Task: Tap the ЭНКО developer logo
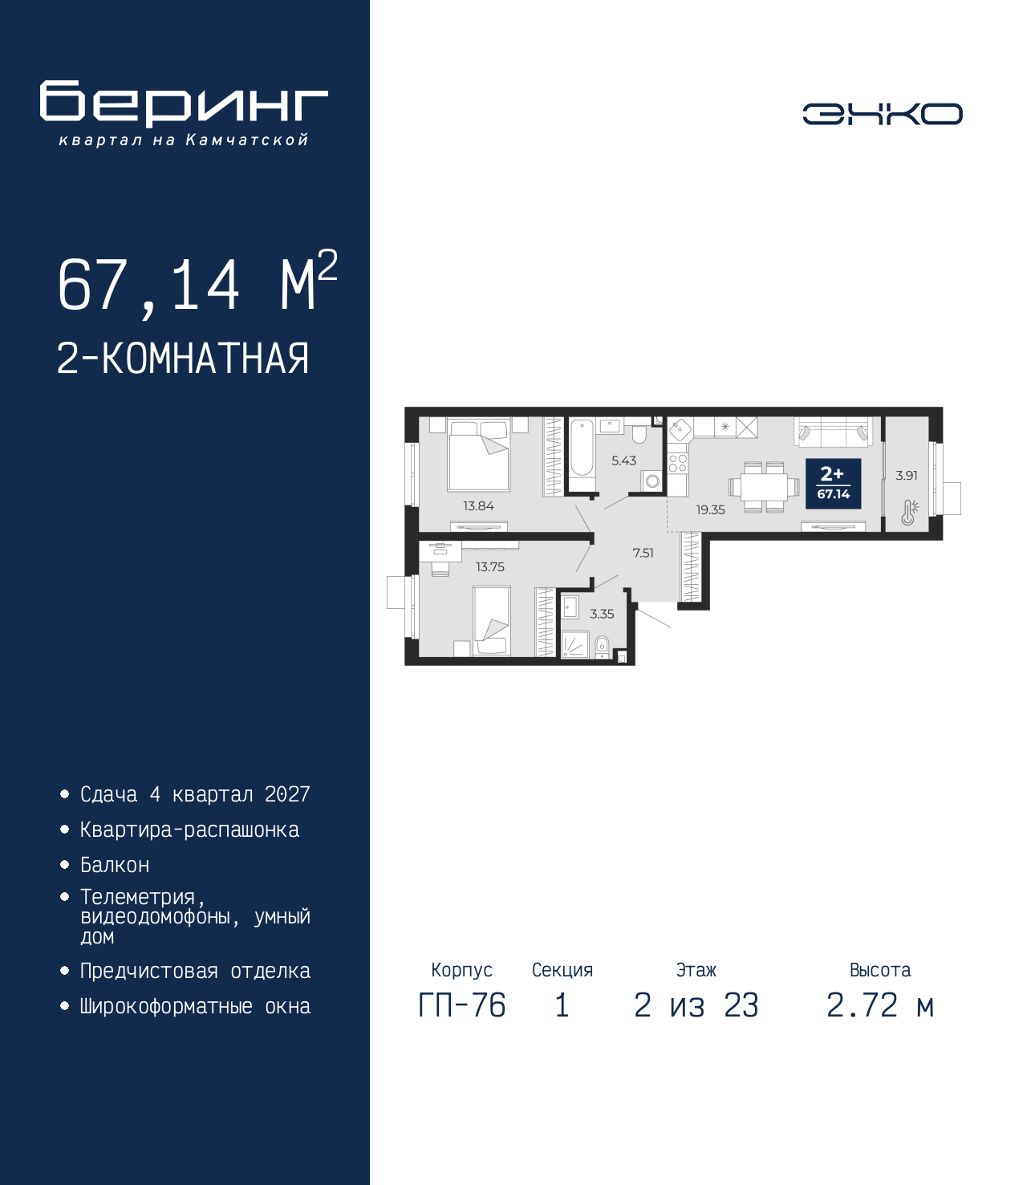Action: click(882, 113)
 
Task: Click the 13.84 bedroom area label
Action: click(478, 505)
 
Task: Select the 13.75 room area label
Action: click(489, 567)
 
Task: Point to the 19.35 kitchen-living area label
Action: click(710, 509)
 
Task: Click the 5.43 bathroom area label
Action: click(623, 461)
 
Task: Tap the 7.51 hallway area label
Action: click(643, 554)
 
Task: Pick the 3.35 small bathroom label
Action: click(602, 614)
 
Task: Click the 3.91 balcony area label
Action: click(907, 475)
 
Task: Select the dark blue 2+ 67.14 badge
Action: click(833, 483)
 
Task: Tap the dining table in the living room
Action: click(764, 488)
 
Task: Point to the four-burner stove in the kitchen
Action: click(678, 463)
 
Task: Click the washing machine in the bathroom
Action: click(652, 481)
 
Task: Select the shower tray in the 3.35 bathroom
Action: click(574, 645)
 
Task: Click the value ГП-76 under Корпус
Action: click(461, 1005)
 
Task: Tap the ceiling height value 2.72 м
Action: click(880, 1005)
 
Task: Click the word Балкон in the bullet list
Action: click(115, 865)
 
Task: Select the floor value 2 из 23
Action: click(696, 1005)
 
